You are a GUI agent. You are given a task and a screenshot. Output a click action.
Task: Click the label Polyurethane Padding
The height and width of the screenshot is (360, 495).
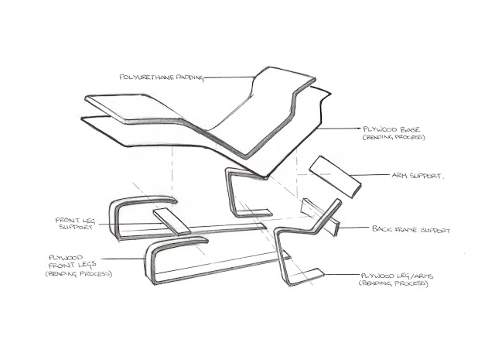(x=162, y=77)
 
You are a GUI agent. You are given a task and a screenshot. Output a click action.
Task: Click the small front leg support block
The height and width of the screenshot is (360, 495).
(x=171, y=222)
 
